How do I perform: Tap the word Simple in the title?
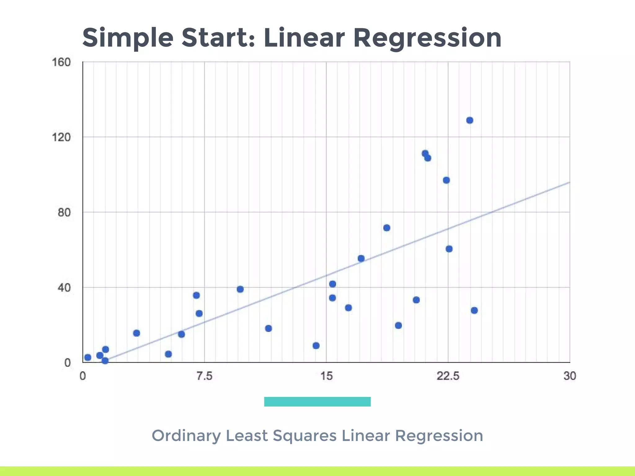tap(127, 38)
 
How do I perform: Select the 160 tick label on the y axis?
tap(61, 62)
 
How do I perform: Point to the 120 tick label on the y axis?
tap(61, 137)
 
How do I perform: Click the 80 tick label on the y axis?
tap(64, 213)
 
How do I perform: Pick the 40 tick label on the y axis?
tap(64, 288)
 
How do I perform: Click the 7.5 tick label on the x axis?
tap(204, 376)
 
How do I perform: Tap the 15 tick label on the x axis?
tap(326, 376)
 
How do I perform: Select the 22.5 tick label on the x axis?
tap(448, 376)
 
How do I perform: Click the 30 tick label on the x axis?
tap(570, 376)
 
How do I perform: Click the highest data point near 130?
tap(470, 120)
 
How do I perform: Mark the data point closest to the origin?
tap(88, 357)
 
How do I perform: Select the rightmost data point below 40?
tap(474, 310)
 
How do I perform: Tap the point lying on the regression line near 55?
tap(361, 258)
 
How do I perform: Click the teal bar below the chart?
tap(317, 401)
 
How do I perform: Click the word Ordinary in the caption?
tap(186, 436)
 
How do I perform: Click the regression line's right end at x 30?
tap(569, 183)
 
